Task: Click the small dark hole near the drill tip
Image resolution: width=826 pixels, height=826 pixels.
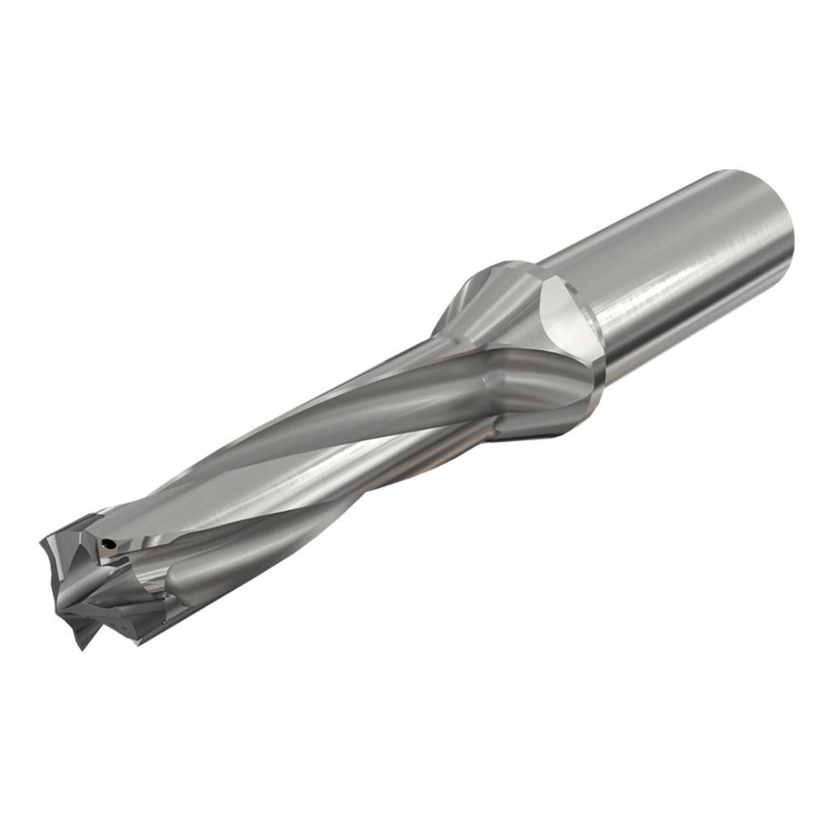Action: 107,544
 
